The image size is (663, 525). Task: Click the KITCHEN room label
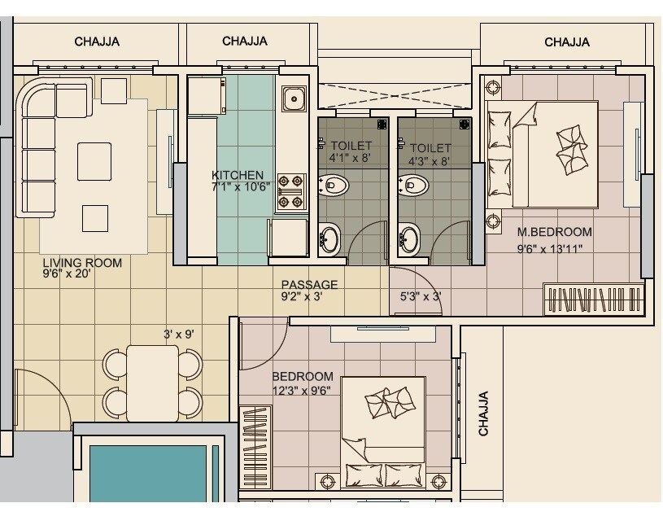point(238,175)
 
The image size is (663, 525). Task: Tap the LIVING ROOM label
point(82,263)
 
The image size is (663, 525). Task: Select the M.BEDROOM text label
point(555,232)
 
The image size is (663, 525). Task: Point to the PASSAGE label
point(309,285)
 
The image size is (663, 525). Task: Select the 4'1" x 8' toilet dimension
point(350,159)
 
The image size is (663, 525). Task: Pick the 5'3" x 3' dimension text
point(421,297)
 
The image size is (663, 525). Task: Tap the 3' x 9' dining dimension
point(178,334)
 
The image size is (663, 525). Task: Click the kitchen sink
point(293,100)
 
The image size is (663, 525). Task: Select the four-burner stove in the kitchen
point(291,192)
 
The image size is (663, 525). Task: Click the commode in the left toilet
point(334,186)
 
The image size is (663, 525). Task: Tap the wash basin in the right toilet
point(410,238)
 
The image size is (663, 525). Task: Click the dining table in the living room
point(153,383)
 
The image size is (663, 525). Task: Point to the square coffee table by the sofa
point(94,161)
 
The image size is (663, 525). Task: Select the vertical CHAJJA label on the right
point(483,413)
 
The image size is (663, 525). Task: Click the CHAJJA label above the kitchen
point(246,42)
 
